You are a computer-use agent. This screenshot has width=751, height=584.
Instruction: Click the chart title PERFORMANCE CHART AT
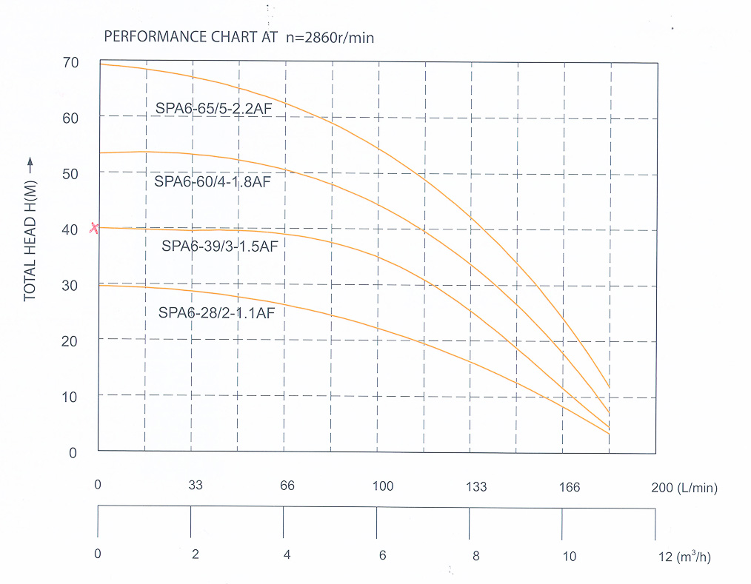191,36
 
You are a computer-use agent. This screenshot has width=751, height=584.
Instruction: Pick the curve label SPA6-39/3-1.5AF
219,246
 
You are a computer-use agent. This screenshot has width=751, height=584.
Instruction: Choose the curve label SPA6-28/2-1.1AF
216,313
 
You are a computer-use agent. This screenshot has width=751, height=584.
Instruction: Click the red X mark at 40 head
94,228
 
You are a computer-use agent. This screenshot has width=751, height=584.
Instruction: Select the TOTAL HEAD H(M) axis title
30,229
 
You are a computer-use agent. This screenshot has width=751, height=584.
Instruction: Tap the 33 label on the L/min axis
196,486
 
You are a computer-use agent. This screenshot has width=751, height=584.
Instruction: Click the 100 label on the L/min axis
382,486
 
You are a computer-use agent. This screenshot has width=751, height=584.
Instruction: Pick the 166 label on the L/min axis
570,487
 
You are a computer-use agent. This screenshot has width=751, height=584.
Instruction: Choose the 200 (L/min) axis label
684,488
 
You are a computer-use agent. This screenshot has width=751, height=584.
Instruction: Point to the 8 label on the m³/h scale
476,556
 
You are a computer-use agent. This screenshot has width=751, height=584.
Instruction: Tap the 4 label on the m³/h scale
287,555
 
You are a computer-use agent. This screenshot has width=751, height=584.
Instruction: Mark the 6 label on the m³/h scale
382,556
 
